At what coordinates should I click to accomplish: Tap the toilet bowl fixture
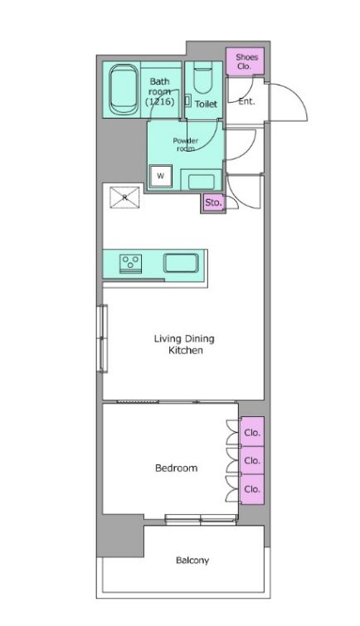pos(201,81)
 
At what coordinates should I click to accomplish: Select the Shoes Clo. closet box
pos(245,61)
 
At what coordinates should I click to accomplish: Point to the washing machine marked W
pos(161,177)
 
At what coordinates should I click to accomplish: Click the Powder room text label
pos(184,144)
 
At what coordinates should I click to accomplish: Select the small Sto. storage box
pos(213,201)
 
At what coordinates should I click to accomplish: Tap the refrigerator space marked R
pos(124,197)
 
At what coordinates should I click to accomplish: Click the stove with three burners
pos(130,264)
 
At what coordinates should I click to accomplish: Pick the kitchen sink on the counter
pos(180,264)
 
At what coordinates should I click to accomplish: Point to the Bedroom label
pos(177,468)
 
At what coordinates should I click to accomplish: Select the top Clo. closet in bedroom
pos(252,432)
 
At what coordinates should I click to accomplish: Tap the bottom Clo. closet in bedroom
pos(252,489)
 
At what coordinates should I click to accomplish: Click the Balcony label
pos(192,560)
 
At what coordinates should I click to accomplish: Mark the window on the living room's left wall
pos(103,338)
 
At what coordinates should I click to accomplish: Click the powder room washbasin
pos(200,179)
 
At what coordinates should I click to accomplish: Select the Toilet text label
pos(206,105)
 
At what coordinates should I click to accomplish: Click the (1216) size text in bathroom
pos(159,101)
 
